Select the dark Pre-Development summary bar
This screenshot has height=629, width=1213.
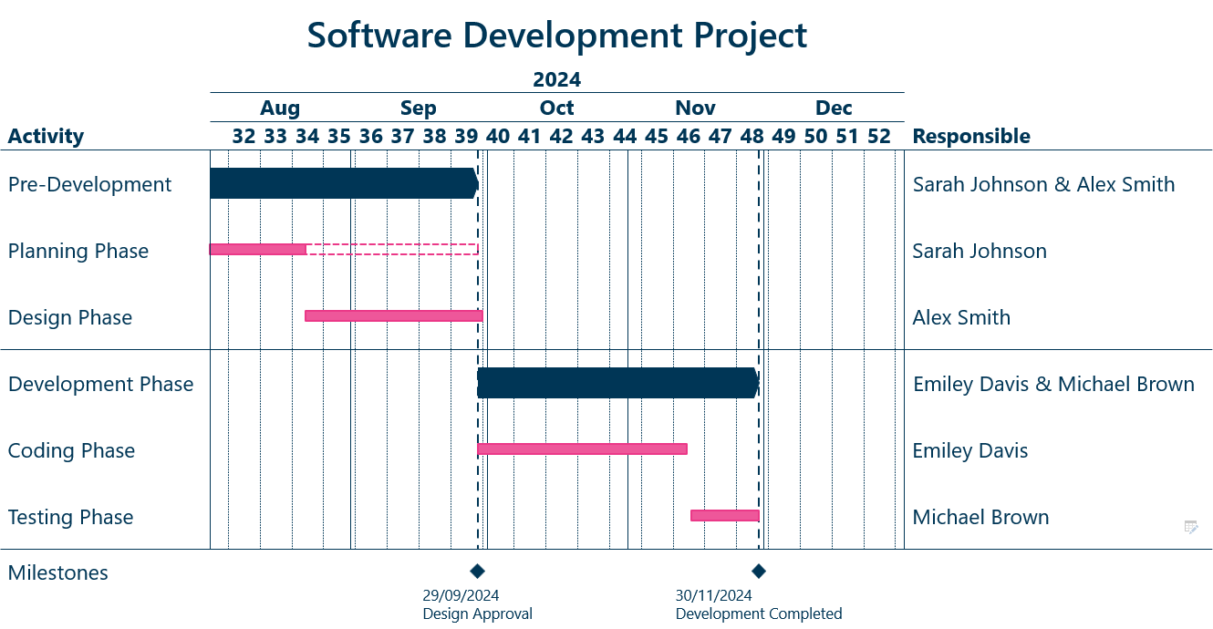(342, 183)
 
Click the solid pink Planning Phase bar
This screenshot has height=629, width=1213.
(257, 249)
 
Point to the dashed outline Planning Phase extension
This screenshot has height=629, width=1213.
(392, 249)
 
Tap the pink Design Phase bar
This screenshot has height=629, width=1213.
(393, 315)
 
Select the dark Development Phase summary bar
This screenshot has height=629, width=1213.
(617, 383)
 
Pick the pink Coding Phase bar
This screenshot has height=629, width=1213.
(582, 449)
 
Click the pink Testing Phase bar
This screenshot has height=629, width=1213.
(724, 515)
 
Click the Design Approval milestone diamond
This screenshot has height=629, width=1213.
(477, 572)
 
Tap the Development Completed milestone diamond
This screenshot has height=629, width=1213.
(758, 572)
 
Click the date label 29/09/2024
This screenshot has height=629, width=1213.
(461, 595)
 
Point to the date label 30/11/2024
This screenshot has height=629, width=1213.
(713, 595)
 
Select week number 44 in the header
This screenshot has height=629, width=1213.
(625, 137)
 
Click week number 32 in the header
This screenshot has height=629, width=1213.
(244, 137)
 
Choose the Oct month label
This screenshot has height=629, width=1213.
(556, 108)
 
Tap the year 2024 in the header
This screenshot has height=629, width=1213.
(556, 80)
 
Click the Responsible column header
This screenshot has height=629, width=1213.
(971, 137)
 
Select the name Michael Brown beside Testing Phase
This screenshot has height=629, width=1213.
(980, 517)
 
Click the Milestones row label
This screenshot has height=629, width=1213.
(58, 572)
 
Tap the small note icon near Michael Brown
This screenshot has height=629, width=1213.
(1190, 526)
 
